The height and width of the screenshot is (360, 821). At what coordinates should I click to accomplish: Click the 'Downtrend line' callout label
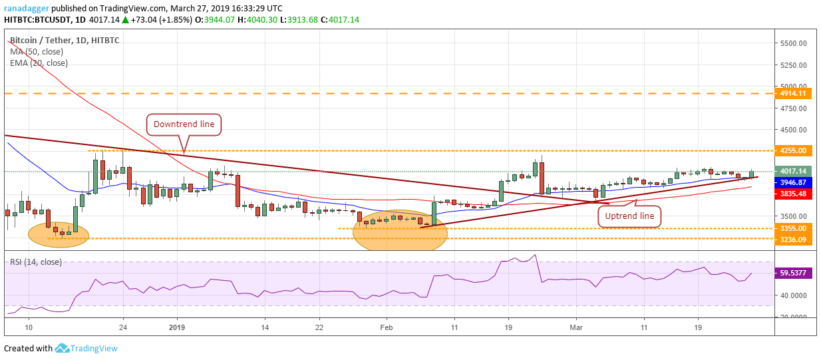[x=184, y=124]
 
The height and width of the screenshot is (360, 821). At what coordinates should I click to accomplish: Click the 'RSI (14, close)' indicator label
[x=36, y=262]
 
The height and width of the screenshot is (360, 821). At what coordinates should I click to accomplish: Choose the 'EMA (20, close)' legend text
[x=39, y=63]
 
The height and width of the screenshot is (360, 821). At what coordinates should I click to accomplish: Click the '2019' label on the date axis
[x=176, y=327]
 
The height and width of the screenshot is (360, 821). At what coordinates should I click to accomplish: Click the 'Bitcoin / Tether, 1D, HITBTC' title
[x=65, y=40]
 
